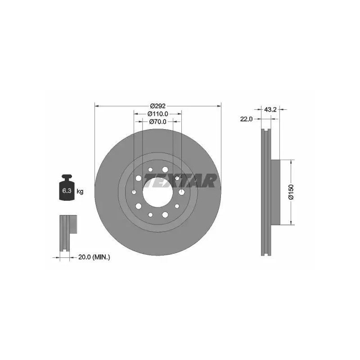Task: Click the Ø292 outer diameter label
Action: pyautogui.click(x=158, y=106)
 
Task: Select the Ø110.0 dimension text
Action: pyautogui.click(x=158, y=114)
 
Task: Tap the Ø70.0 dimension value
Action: pyautogui.click(x=158, y=121)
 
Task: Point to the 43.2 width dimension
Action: pyautogui.click(x=270, y=109)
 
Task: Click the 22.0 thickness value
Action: pyautogui.click(x=246, y=119)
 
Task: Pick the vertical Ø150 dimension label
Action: pyautogui.click(x=291, y=192)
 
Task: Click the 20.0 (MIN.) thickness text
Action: pyautogui.click(x=94, y=257)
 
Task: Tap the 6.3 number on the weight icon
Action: pyautogui.click(x=67, y=190)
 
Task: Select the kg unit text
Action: pyautogui.click(x=80, y=191)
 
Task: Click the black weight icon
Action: pyautogui.click(x=67, y=187)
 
